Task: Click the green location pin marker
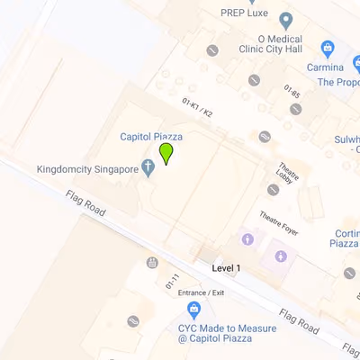tap(166, 153)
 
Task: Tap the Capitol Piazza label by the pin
tap(151, 136)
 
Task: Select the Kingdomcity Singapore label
tap(87, 168)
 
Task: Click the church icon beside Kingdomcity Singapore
tap(148, 169)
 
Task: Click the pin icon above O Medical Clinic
tap(286, 21)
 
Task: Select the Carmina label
tap(324, 67)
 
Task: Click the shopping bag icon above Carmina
tap(328, 47)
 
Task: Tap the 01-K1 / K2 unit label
tap(197, 108)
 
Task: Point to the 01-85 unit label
tap(291, 91)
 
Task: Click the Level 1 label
tap(226, 268)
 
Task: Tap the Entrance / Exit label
tap(201, 292)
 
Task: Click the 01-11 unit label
tap(172, 281)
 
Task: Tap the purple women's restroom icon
tap(247, 239)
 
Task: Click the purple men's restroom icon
tap(282, 256)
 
